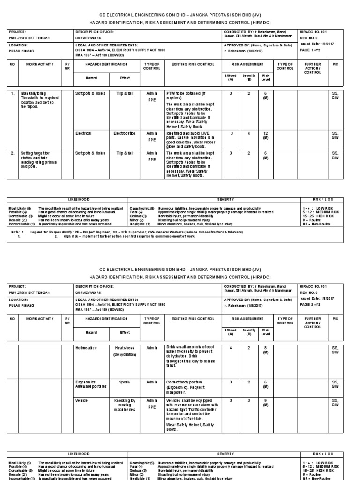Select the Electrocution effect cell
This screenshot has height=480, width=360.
tap(125, 133)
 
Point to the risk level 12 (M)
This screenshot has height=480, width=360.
tap(265, 135)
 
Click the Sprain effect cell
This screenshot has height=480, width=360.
tap(125, 382)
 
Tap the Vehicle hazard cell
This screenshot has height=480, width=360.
tap(82, 401)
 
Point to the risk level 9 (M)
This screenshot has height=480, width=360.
tap(265, 403)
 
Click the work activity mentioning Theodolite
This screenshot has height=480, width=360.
tap(39, 100)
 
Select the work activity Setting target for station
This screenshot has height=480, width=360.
tap(38, 159)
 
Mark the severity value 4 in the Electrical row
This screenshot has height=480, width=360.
tap(249, 133)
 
